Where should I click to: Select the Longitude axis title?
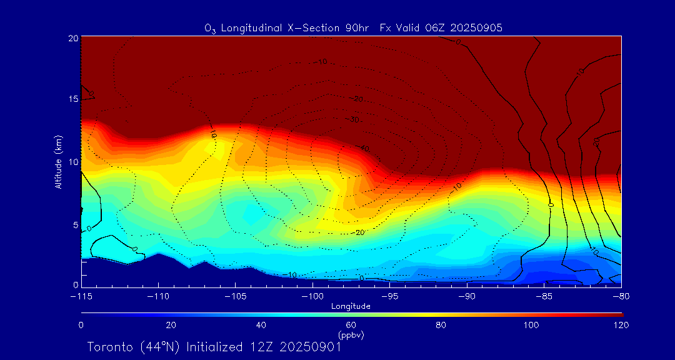point(351,306)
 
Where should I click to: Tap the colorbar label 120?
point(621,325)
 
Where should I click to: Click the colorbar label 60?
point(351,325)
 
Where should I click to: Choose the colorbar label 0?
point(81,325)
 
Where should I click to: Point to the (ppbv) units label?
point(351,335)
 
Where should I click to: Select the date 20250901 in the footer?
point(310,347)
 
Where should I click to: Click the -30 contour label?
point(354,119)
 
